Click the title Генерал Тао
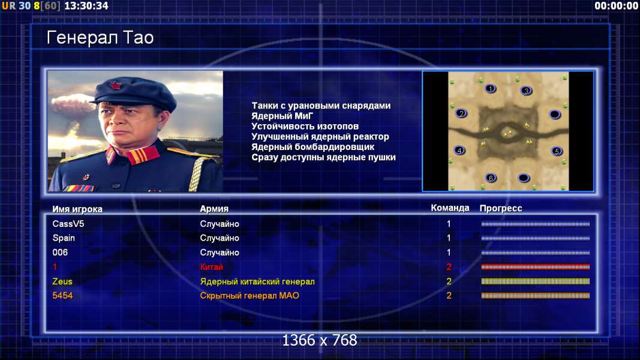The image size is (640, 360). (x=100, y=38)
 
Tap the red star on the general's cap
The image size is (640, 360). (x=116, y=86)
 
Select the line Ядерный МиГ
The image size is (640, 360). (x=282, y=116)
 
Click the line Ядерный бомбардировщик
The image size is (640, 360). (x=313, y=147)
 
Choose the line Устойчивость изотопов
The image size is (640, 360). (x=305, y=127)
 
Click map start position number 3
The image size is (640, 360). (x=526, y=91)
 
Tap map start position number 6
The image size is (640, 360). (x=491, y=178)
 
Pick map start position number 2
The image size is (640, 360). (x=461, y=113)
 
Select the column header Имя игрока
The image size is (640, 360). (x=77, y=209)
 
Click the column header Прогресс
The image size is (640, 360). (x=501, y=208)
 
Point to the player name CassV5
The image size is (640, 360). (x=68, y=224)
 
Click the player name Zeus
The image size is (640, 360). (x=62, y=281)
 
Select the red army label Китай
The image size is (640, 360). (x=211, y=267)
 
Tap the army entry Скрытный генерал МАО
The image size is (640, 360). (x=250, y=296)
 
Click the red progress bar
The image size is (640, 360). (x=536, y=267)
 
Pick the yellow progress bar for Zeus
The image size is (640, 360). (x=536, y=281)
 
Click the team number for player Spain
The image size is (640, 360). (x=449, y=238)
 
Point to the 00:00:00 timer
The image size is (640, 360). (x=616, y=6)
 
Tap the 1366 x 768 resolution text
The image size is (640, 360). (x=320, y=340)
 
